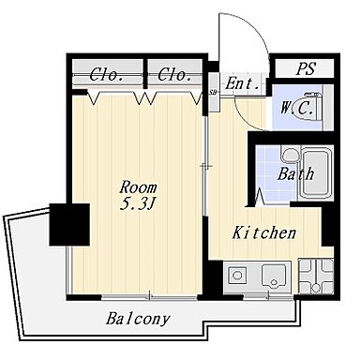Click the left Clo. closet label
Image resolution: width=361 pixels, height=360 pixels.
pos(110,76)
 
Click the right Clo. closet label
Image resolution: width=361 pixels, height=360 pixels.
pos(175,76)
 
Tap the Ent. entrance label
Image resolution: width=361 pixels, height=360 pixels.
pos(243,83)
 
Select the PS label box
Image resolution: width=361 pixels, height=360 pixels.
pos(306,69)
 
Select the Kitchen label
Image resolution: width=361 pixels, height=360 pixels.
pos(264,232)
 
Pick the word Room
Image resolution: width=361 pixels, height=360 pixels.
pos(137,187)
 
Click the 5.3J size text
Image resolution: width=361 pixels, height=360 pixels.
pos(137,205)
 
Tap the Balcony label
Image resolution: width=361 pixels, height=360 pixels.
pos(138,319)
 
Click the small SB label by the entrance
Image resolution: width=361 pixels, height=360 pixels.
pos(214,92)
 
